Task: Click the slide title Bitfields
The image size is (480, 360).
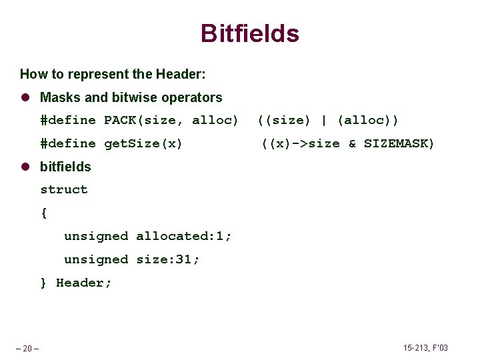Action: [249, 33]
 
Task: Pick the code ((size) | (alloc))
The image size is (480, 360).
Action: [328, 121]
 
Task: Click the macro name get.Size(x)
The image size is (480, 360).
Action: [143, 144]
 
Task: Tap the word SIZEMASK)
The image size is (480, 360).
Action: [399, 144]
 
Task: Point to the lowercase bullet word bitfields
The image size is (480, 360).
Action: [65, 167]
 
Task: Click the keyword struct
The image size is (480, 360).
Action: [64, 190]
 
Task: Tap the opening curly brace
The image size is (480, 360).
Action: [44, 213]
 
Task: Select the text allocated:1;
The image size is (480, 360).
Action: [184, 237]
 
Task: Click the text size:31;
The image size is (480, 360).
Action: [168, 260]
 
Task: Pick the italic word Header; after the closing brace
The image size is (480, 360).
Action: [84, 283]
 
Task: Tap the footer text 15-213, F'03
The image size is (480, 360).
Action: [425, 348]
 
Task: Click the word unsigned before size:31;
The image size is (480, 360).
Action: [95, 260]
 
